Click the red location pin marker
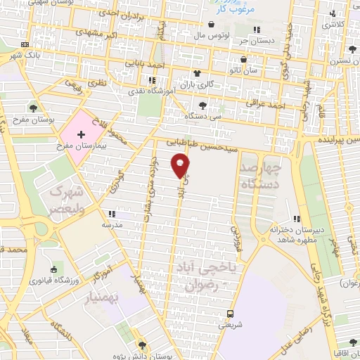coord(181,166)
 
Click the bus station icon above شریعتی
coord(231,314)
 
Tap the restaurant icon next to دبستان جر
coord(257,29)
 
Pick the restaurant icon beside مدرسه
coord(110,213)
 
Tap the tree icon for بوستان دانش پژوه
coord(143,345)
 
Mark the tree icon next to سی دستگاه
coord(202,104)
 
